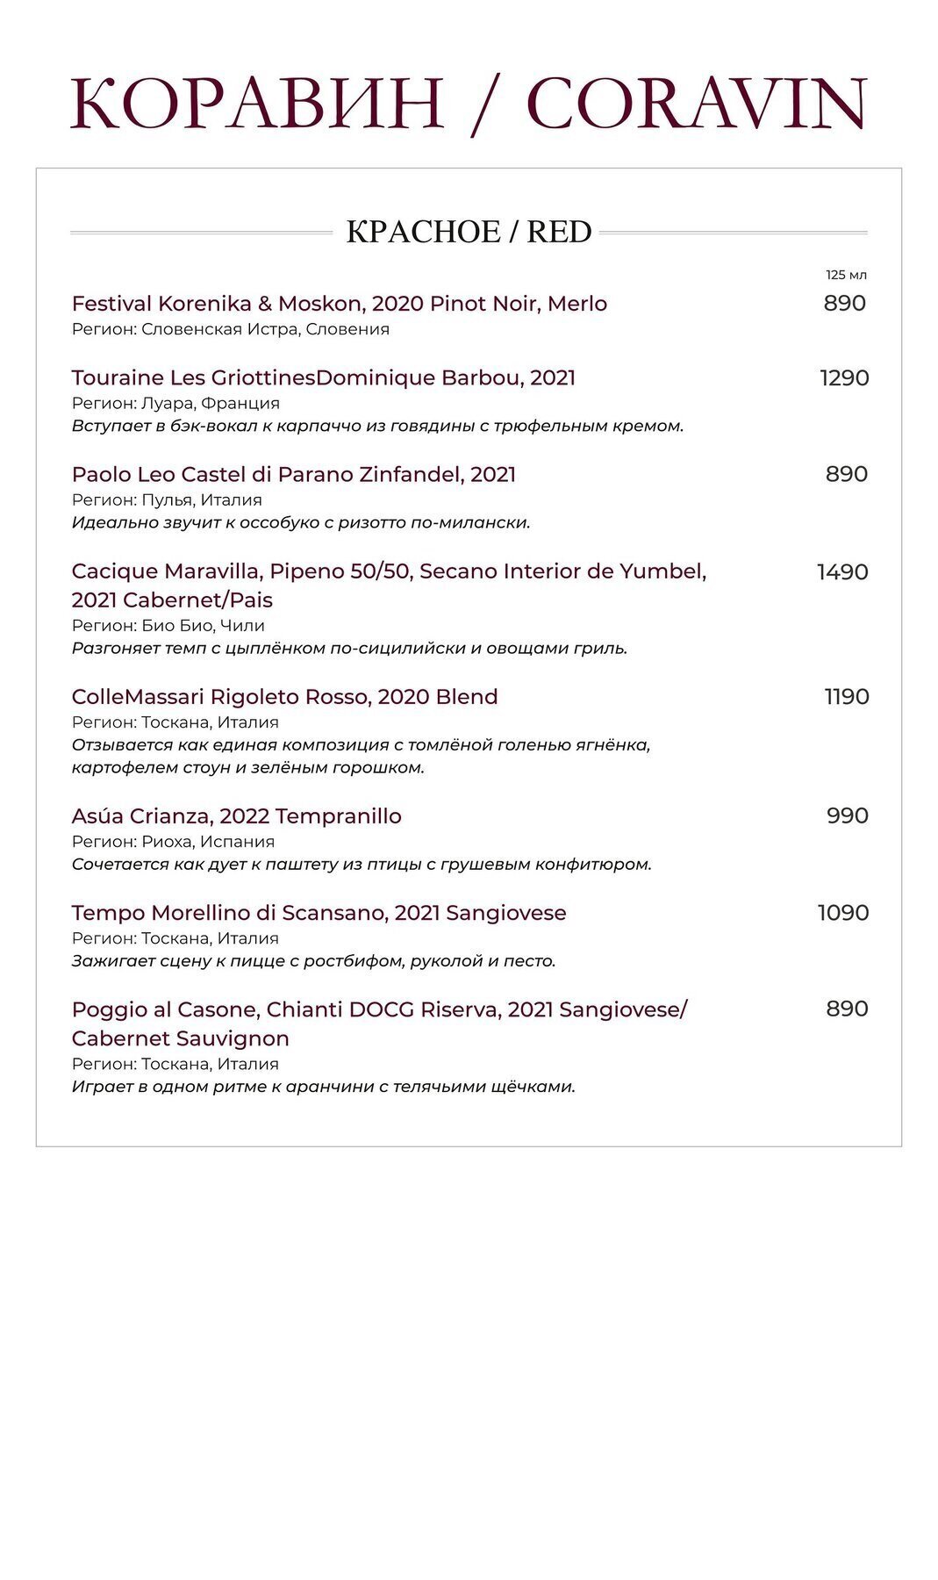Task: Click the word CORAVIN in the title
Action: click(x=697, y=104)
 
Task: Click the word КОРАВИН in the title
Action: click(x=257, y=104)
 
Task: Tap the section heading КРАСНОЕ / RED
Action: click(x=469, y=232)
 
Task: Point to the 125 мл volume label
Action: click(x=846, y=275)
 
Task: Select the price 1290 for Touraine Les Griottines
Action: click(x=844, y=378)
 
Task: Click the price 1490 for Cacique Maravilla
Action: click(x=842, y=572)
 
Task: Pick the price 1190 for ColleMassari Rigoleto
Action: click(x=846, y=697)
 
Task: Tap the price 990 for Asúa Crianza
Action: click(x=847, y=815)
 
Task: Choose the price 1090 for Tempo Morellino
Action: click(x=843, y=913)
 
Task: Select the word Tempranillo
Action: click(x=338, y=816)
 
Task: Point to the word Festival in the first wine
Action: click(x=111, y=304)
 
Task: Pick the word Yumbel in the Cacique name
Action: click(x=662, y=571)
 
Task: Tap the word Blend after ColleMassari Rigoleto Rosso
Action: click(x=466, y=697)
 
